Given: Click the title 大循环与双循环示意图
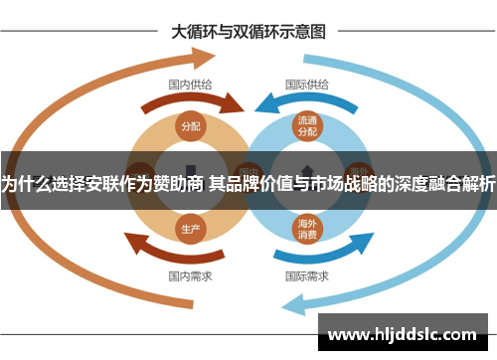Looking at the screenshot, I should [248, 31].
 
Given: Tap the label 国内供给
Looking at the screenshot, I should [189, 85].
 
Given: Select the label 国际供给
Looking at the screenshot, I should [307, 85].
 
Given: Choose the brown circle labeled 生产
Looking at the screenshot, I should [190, 229].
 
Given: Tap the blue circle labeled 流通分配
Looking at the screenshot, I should [307, 125].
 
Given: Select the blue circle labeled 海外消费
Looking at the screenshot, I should [307, 229].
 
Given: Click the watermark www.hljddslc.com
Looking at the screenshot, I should [402, 334].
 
